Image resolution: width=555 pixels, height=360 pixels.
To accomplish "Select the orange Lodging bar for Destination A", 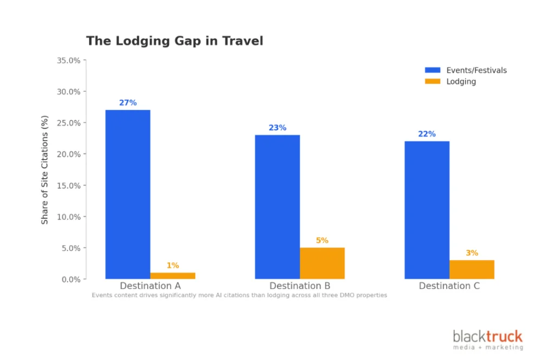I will coord(172,275).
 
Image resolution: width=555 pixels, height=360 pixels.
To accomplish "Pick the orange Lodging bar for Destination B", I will coord(322,263).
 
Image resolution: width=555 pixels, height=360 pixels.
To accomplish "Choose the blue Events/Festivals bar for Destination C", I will coord(427,210).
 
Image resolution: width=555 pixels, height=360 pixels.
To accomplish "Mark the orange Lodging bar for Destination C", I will coord(472,269).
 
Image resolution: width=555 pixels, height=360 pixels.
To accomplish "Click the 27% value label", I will coord(128,102).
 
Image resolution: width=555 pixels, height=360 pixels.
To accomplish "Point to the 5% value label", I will coord(322,240).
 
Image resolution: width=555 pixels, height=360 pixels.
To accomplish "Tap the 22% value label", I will coord(427,134).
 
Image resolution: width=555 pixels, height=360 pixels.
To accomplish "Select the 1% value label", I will coord(172,265).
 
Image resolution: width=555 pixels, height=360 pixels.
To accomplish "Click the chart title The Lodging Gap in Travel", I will coord(175,41).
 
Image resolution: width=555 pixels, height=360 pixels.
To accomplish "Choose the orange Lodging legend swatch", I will coord(433,81).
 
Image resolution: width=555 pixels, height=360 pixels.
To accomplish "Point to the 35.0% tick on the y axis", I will coord(68,60).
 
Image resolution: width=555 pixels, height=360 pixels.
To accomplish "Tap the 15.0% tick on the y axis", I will coord(68,185).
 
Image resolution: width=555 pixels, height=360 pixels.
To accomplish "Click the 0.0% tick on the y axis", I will coord(70,279).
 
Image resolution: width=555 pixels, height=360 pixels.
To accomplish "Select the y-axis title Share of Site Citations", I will coord(44,170).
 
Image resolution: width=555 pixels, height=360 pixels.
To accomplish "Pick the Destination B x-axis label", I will coord(299,286).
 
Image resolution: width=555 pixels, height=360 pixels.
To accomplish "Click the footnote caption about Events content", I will coord(239,295).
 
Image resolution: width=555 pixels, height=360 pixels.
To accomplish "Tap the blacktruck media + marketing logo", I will coord(488,340).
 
